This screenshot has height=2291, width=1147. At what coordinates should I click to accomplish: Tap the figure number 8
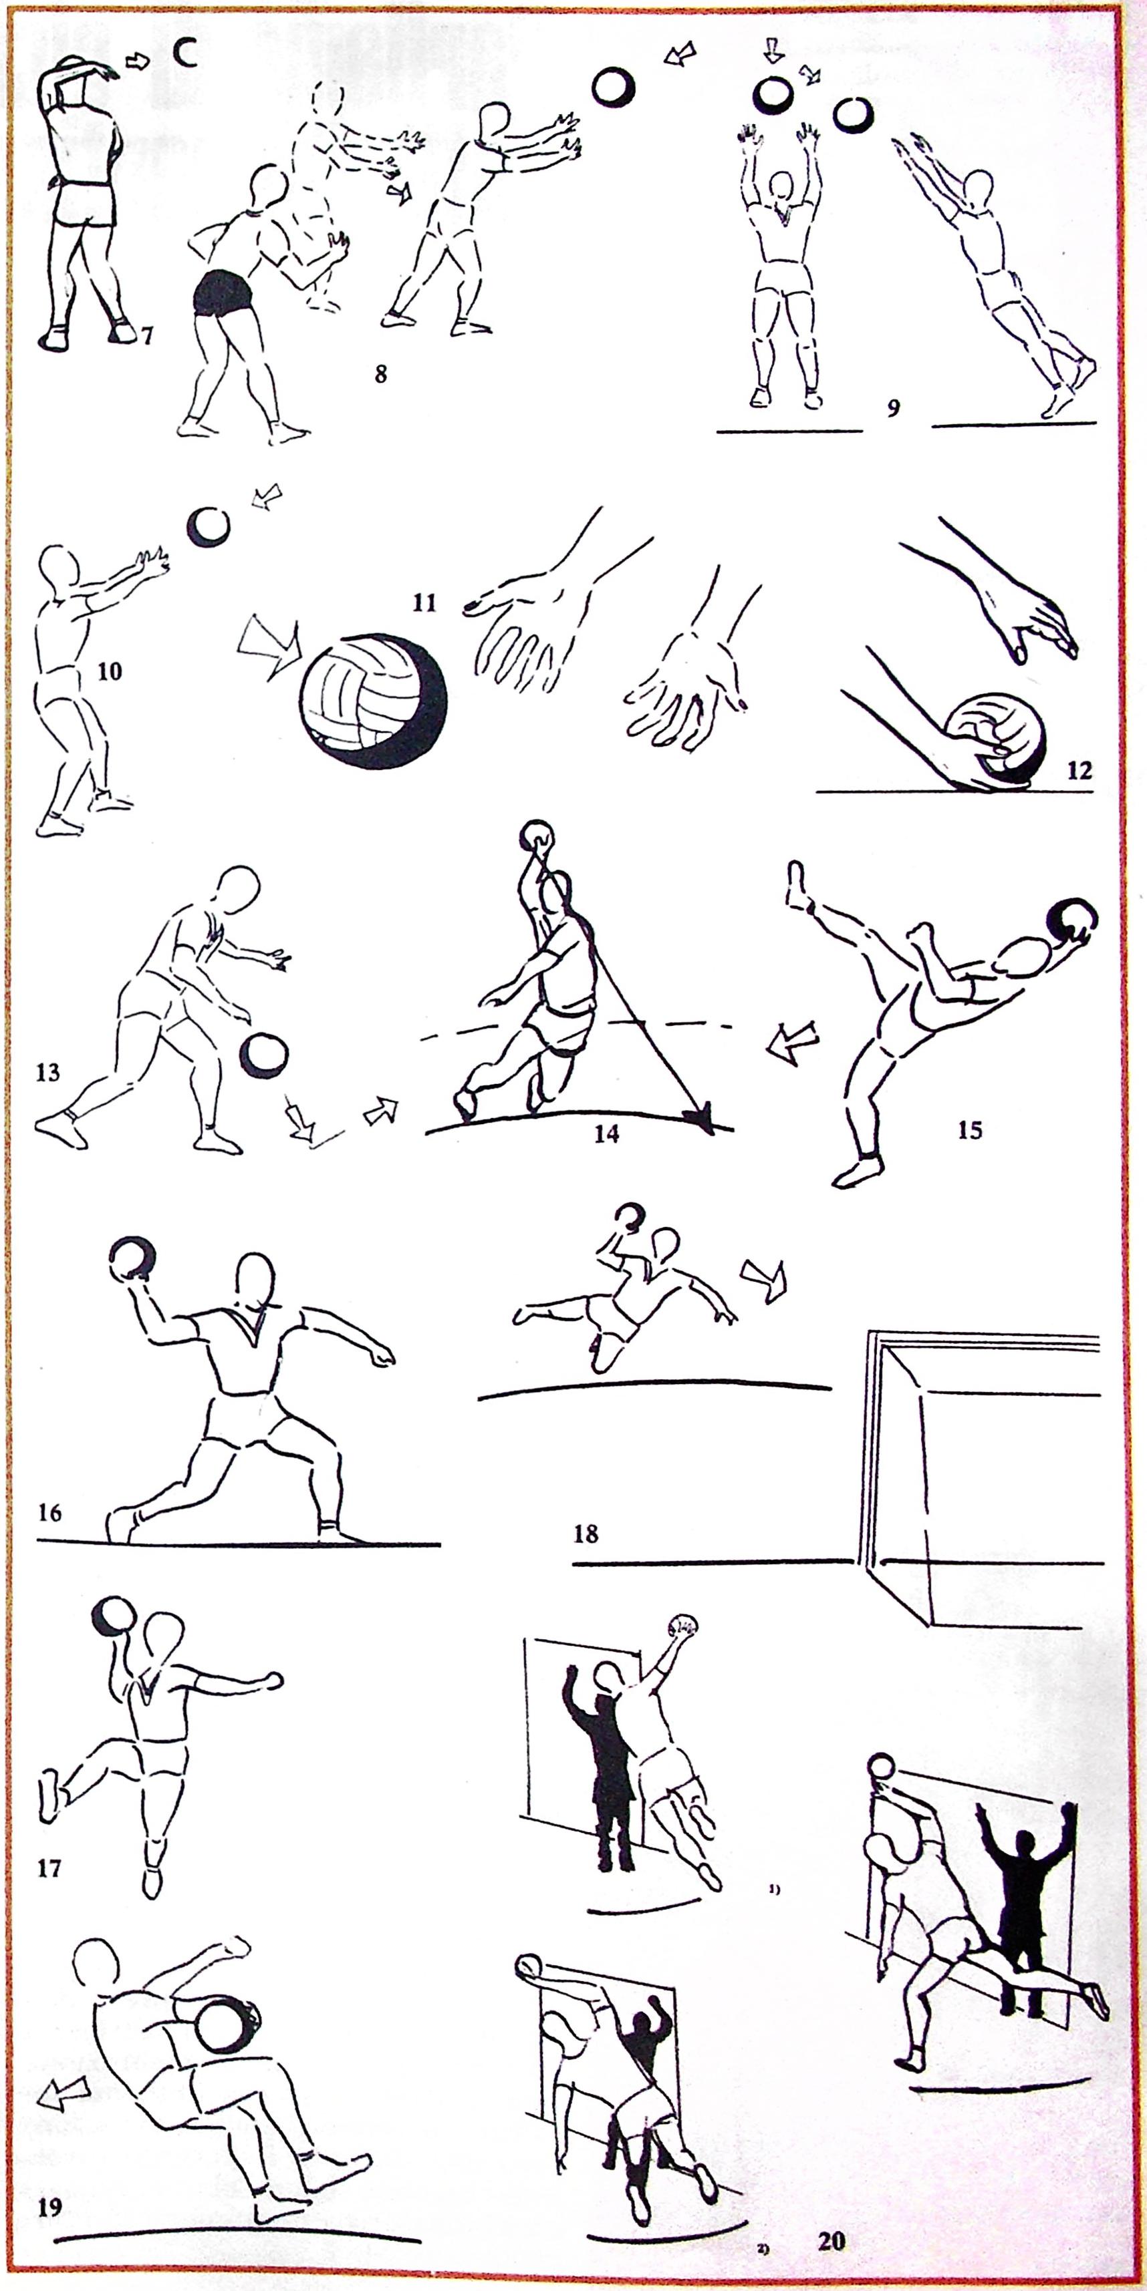coord(381,373)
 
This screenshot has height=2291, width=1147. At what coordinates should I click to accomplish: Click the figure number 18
coord(586,1534)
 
